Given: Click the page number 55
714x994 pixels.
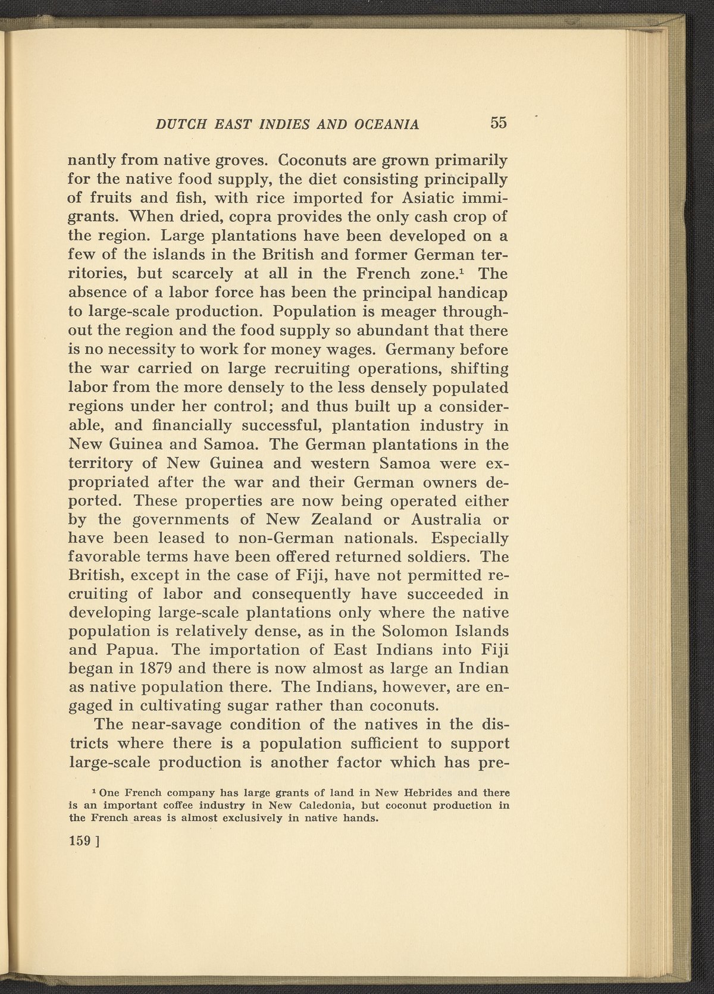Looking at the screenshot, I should click(x=498, y=123).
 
